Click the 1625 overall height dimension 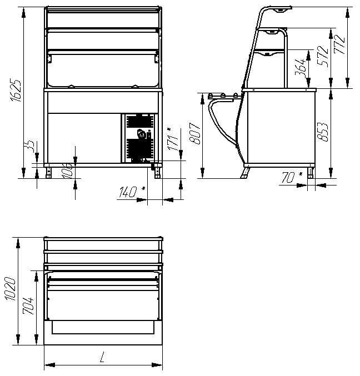coord(16,91)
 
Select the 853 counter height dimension coord(323,132)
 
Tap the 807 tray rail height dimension coord(195,133)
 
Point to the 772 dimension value coord(339,44)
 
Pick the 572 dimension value coord(323,56)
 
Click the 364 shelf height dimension coord(301,67)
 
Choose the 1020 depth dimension coord(11,289)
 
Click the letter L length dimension coord(102,357)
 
